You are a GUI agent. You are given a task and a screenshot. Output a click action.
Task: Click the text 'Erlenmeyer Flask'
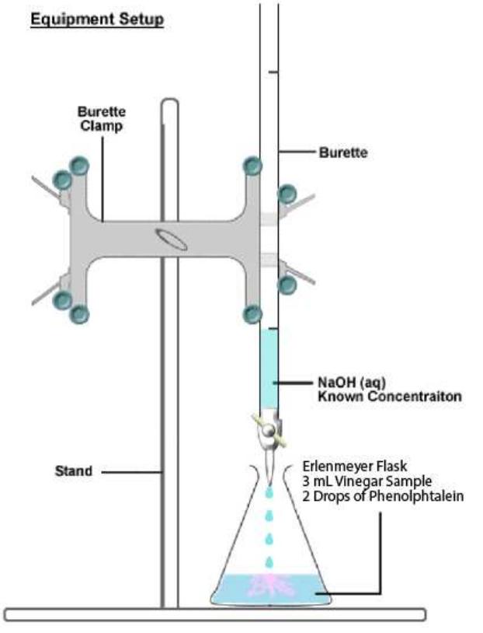[349, 468]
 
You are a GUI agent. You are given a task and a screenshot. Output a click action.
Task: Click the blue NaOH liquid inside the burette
[268, 365]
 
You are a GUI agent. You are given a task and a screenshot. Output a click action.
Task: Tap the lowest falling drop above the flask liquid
[269, 561]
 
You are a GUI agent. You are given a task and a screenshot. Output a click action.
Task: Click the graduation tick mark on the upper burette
[273, 72]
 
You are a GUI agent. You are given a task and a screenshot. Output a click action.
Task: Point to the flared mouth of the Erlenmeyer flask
[268, 470]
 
